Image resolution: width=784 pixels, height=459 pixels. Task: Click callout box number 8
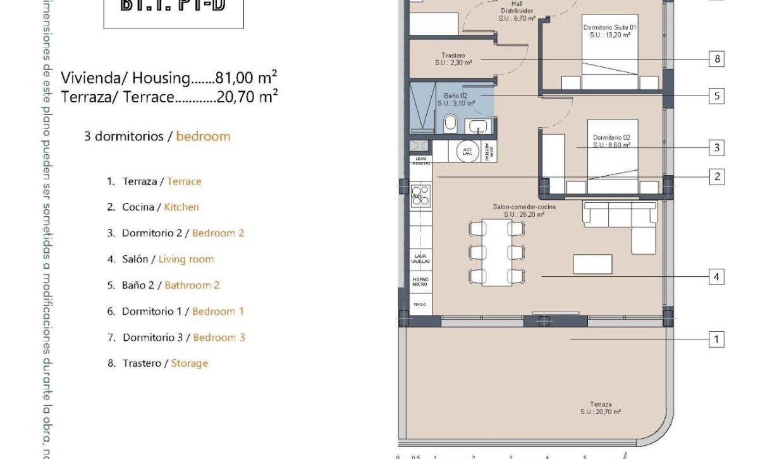coord(716,59)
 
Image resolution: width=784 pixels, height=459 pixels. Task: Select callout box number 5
coord(716,96)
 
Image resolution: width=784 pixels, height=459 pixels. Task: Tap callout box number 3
coord(716,148)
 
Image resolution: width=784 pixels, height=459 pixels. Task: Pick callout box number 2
coord(716,176)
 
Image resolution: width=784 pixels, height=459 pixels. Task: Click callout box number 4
coord(716,277)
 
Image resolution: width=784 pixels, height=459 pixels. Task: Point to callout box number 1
coord(716,340)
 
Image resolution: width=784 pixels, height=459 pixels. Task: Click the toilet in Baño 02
coord(450,123)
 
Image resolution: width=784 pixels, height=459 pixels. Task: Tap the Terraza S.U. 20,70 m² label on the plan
coord(600,408)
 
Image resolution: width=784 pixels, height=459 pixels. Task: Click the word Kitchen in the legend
coord(181,207)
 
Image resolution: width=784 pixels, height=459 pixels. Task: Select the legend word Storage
coord(189,363)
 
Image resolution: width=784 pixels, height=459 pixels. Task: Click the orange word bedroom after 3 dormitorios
coord(203,136)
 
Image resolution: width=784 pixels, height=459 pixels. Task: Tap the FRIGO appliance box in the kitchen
coord(420,304)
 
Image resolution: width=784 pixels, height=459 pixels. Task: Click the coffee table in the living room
coord(592,264)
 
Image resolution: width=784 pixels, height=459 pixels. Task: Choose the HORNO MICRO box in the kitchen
coord(420,282)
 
